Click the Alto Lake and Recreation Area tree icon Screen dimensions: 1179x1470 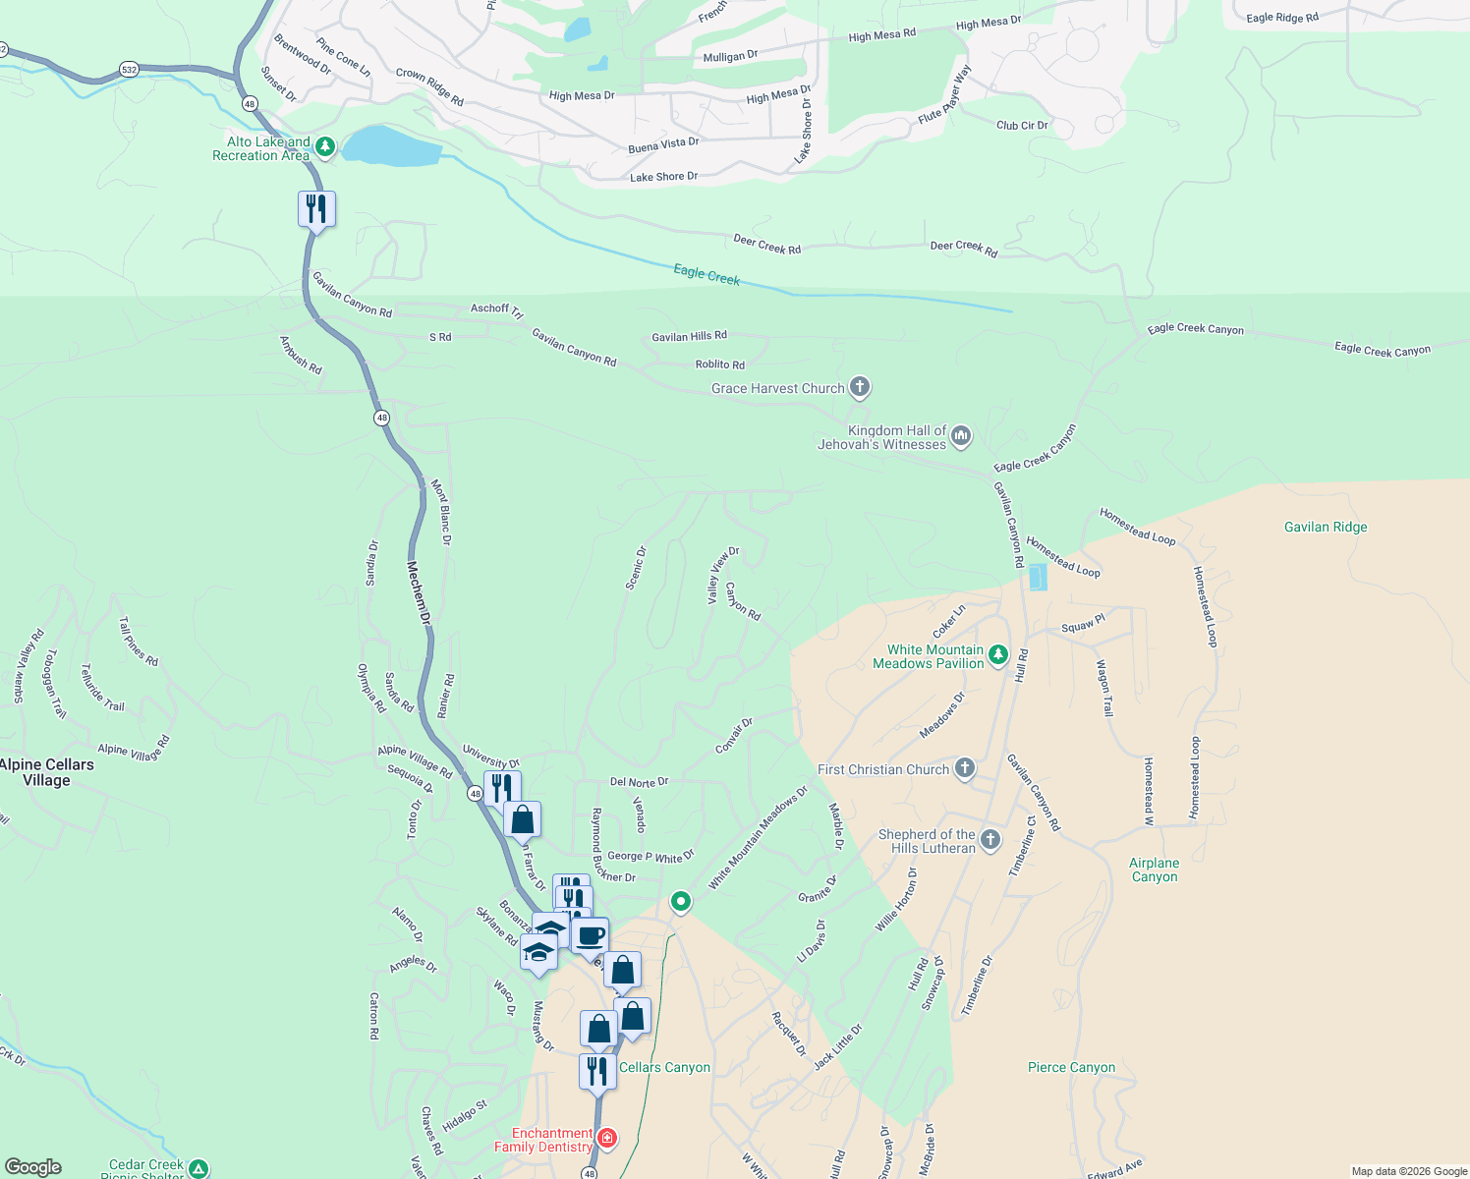click(x=326, y=148)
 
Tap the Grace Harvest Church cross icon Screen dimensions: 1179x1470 click(x=860, y=387)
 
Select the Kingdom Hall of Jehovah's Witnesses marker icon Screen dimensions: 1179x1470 click(x=961, y=435)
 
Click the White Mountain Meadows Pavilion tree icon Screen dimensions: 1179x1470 click(x=998, y=654)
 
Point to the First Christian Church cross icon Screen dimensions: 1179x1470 click(x=965, y=768)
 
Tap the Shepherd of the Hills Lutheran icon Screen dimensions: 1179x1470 click(x=990, y=839)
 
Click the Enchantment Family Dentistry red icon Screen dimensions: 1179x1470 click(x=607, y=1138)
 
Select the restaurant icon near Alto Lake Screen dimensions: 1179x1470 click(x=316, y=209)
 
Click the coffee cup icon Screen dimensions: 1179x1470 click(x=591, y=936)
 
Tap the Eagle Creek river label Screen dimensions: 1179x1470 click(x=707, y=274)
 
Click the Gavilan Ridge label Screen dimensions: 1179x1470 click(x=1325, y=528)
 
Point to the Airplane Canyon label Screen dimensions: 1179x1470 click(x=1154, y=870)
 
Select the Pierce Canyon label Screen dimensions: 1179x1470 click(x=1071, y=1067)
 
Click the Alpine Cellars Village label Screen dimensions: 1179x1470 click(x=47, y=772)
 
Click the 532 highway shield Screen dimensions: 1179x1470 click(x=129, y=69)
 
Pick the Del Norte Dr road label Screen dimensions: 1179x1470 click(x=639, y=782)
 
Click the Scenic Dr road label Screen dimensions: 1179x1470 click(x=637, y=568)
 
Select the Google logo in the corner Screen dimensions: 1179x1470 click(x=33, y=1166)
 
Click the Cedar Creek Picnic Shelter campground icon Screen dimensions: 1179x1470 click(x=198, y=1168)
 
